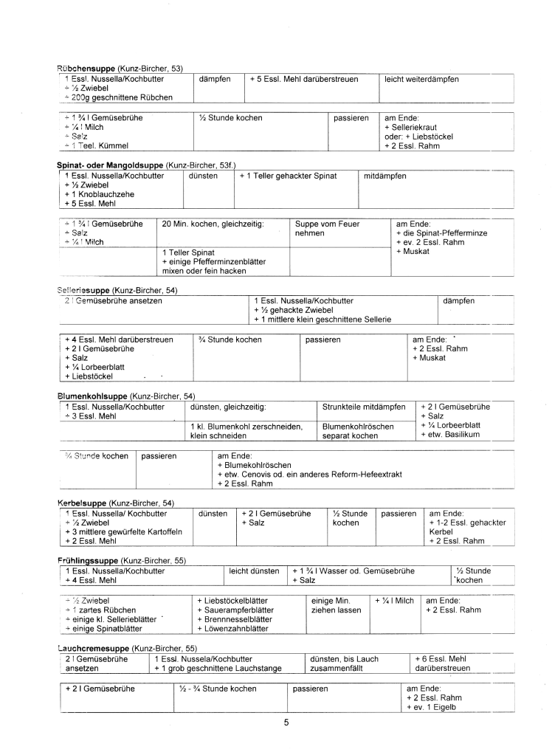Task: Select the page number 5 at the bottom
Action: [x=286, y=723]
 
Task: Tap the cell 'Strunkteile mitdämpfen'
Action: [x=364, y=407]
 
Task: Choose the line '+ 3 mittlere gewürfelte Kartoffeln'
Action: [x=123, y=531]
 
